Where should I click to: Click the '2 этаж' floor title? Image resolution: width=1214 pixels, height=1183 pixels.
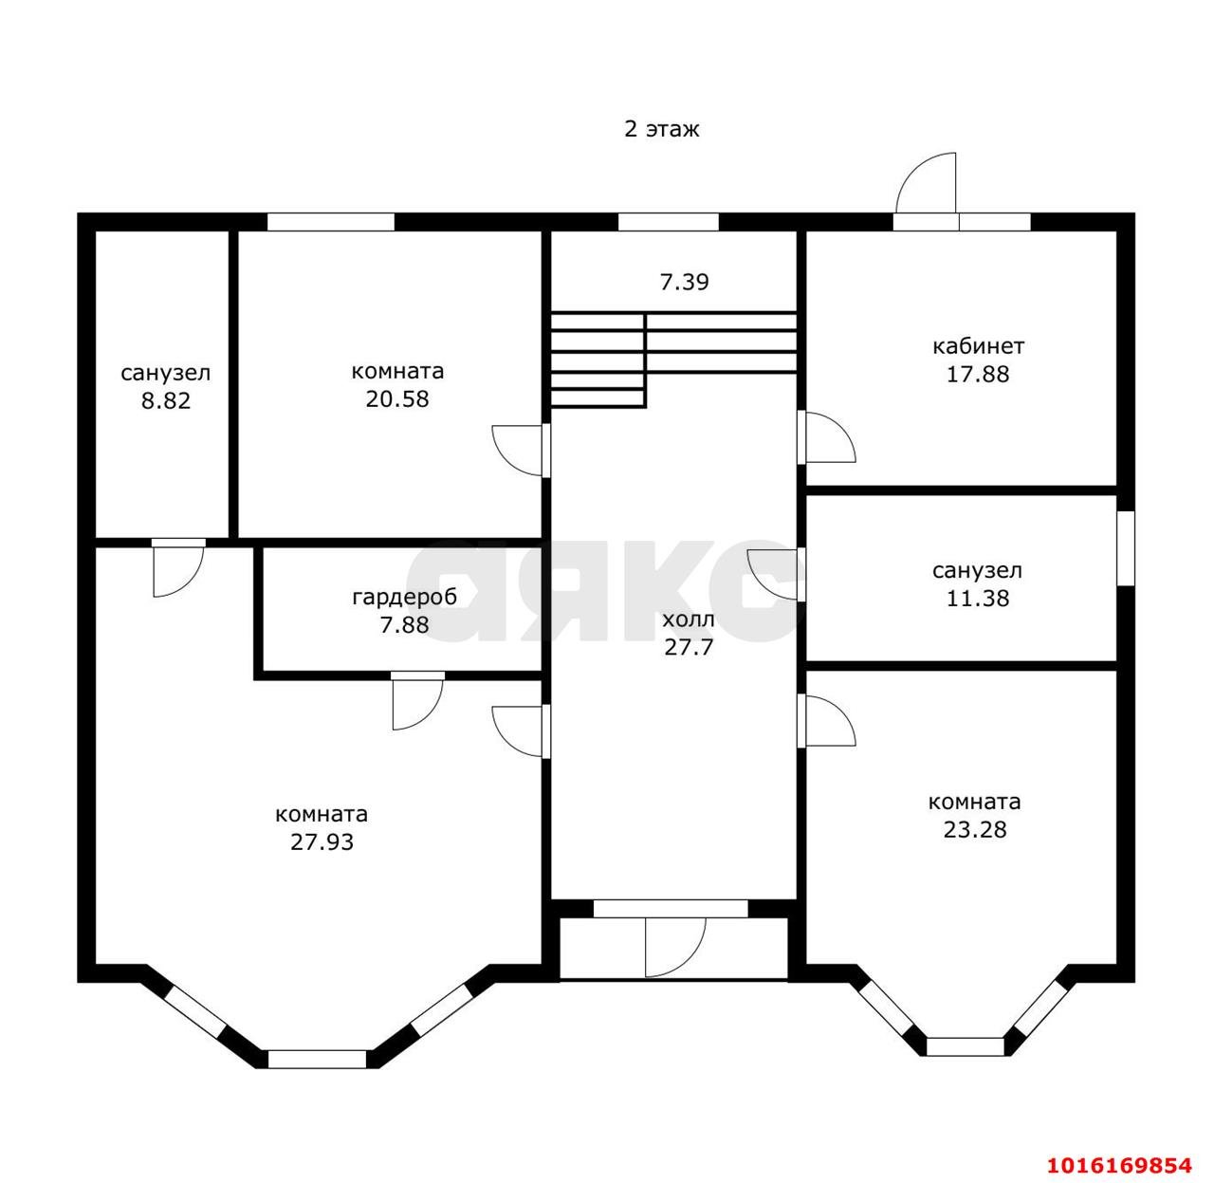click(x=661, y=129)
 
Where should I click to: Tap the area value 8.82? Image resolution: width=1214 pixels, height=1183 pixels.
click(x=165, y=400)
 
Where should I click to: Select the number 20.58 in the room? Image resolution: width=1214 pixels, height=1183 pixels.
click(x=397, y=398)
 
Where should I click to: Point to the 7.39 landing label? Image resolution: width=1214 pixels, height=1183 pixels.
click(x=685, y=282)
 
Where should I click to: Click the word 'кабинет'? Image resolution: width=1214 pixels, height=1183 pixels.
click(x=978, y=345)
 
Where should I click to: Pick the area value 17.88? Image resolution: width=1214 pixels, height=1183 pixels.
click(x=978, y=374)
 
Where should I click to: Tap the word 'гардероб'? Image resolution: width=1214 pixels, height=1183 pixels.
click(x=404, y=597)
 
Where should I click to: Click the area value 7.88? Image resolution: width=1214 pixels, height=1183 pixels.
click(x=404, y=624)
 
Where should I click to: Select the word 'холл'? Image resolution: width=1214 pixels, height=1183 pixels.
click(x=689, y=620)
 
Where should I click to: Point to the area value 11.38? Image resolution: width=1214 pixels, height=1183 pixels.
click(x=978, y=599)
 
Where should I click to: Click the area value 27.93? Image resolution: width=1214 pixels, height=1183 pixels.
click(x=322, y=841)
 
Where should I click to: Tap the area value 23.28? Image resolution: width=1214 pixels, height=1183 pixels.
click(x=974, y=829)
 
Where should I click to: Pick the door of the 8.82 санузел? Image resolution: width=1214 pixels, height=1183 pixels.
click(x=178, y=567)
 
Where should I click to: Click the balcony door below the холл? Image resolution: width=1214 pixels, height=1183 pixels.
click(x=675, y=947)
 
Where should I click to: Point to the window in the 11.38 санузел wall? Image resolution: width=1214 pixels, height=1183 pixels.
click(x=1125, y=547)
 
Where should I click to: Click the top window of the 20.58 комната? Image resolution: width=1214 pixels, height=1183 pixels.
click(x=331, y=222)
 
